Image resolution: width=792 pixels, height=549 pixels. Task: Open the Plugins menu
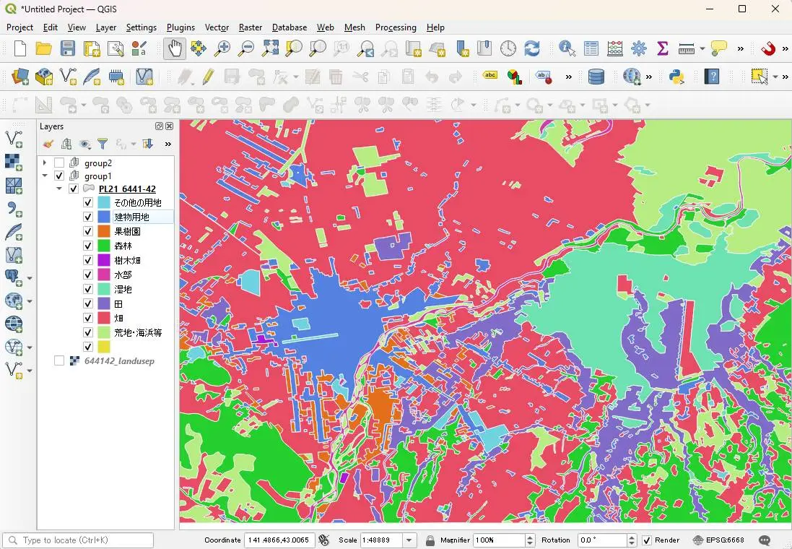[180, 27]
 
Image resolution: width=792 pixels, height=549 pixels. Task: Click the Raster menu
[251, 27]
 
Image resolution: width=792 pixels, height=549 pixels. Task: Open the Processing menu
[396, 27]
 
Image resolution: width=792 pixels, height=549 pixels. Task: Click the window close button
[775, 9]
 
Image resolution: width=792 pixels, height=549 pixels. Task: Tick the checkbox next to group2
[59, 163]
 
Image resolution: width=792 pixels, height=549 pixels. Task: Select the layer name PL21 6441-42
[127, 189]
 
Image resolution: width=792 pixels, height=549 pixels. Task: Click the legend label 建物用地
[131, 217]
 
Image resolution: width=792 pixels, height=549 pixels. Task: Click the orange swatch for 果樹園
[104, 232]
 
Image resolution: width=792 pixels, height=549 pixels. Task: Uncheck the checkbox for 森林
[88, 246]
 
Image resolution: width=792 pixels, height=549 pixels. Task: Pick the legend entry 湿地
[123, 290]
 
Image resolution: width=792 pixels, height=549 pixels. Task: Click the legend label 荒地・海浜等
[138, 333]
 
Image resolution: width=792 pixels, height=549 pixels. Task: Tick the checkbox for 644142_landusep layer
[59, 361]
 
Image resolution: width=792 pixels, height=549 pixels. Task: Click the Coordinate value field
[279, 540]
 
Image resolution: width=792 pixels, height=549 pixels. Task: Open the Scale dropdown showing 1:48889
[410, 540]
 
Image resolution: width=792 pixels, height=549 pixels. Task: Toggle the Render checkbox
[647, 540]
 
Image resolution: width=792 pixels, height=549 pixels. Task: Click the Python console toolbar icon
[676, 77]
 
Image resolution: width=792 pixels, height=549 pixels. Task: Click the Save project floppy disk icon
[68, 48]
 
